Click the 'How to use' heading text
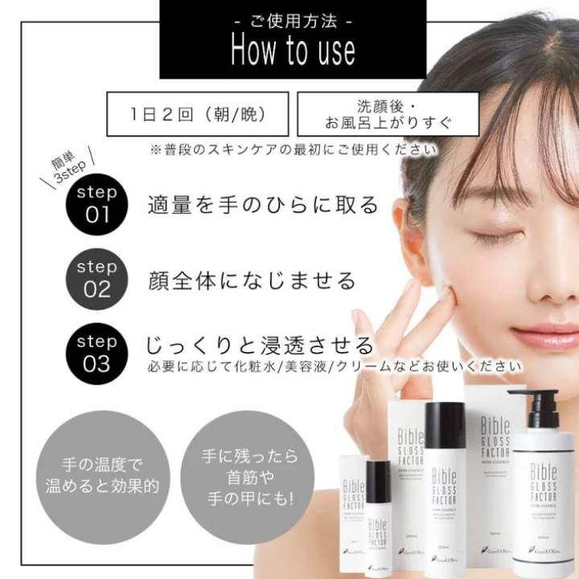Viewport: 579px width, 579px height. point(293,50)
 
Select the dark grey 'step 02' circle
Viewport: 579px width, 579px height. point(96,278)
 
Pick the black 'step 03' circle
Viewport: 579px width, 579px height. point(96,353)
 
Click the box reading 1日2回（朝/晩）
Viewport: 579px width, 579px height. point(198,113)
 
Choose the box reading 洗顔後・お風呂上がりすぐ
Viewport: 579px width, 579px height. point(388,114)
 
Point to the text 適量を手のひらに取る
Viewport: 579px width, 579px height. point(263,204)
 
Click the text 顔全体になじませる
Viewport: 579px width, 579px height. point(252,280)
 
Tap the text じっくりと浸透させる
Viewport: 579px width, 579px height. point(260,346)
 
